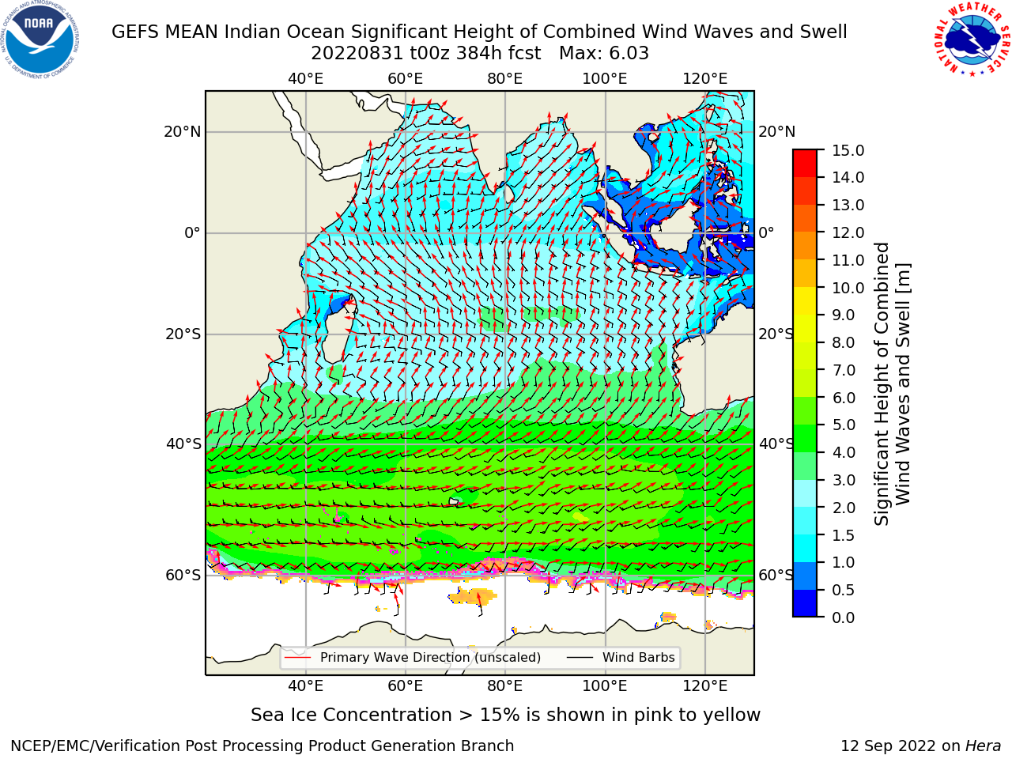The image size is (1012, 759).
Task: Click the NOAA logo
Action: point(40,40)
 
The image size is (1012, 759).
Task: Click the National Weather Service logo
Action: point(972,40)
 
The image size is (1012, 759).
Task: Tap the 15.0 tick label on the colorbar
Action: point(848,151)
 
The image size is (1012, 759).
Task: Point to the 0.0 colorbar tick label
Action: point(844,617)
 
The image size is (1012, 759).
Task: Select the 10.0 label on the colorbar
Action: point(848,288)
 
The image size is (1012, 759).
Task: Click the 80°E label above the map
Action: point(505,79)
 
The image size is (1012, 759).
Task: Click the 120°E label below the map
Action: point(705,686)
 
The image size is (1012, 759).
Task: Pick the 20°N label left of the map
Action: point(183,132)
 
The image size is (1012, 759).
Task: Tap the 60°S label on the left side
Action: point(183,576)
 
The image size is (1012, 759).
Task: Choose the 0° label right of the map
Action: point(766,232)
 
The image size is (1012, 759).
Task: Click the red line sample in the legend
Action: point(297,658)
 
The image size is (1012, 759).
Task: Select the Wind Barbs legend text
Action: point(639,658)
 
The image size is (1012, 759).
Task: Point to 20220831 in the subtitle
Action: point(357,54)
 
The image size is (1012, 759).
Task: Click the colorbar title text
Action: point(892,383)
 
